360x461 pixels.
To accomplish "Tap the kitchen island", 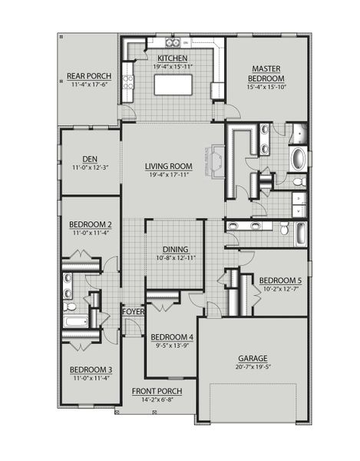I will (x=173, y=85).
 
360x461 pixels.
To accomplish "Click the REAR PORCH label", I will (x=89, y=75).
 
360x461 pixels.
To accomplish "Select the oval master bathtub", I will (x=298, y=159).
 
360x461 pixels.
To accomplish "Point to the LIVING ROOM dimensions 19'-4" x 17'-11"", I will (x=169, y=174).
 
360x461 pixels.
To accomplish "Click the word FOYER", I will (x=133, y=311).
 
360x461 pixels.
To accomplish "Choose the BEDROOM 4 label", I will (x=172, y=337).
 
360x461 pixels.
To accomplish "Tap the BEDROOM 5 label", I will (x=280, y=280).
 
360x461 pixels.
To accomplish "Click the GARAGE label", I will (x=252, y=358).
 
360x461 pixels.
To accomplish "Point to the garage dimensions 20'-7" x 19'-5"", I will (x=252, y=367).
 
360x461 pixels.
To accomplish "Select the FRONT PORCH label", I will (x=156, y=391).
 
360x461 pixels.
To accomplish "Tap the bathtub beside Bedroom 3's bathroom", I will (x=76, y=323).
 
